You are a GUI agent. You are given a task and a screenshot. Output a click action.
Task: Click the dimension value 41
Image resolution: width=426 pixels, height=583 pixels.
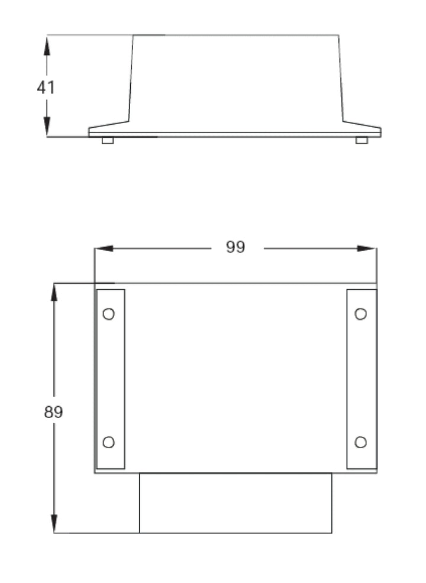pyautogui.click(x=46, y=88)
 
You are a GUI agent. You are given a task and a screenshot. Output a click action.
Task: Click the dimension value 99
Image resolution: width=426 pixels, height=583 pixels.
pyautogui.click(x=235, y=247)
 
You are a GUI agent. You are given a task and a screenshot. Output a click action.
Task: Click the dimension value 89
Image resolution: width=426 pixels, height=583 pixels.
pyautogui.click(x=53, y=412)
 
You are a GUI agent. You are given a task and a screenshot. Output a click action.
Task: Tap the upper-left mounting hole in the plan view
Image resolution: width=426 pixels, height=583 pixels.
pyautogui.click(x=108, y=314)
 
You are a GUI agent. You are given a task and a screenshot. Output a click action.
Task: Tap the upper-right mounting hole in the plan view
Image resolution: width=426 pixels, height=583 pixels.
pyautogui.click(x=360, y=314)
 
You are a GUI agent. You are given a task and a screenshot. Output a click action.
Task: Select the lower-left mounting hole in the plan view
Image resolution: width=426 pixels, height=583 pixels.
pyautogui.click(x=108, y=442)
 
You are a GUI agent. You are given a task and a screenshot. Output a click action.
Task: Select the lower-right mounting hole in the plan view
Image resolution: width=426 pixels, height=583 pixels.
pyautogui.click(x=360, y=442)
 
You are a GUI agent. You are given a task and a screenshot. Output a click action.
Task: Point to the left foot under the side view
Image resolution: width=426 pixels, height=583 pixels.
pyautogui.click(x=107, y=140)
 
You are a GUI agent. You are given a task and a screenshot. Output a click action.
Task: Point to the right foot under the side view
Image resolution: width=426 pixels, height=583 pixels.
pyautogui.click(x=362, y=140)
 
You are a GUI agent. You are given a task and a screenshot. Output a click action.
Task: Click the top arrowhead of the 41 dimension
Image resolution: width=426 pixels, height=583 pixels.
pyautogui.click(x=47, y=43)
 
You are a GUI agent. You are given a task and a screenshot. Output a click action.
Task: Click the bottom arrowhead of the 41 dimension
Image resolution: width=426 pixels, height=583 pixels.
pyautogui.click(x=47, y=129)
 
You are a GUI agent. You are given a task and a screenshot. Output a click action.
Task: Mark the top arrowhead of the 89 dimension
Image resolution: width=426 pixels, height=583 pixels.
pyautogui.click(x=54, y=291)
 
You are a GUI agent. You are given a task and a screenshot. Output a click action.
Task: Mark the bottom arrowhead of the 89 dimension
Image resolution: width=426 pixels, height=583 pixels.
pyautogui.click(x=54, y=525)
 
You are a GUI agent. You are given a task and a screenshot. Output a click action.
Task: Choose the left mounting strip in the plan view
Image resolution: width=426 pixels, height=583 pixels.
pyautogui.click(x=111, y=378)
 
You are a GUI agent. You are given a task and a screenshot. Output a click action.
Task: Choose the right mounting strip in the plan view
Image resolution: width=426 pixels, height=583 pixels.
pyautogui.click(x=362, y=378)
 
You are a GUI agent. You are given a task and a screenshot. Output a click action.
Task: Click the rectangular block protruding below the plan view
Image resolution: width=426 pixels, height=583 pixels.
pyautogui.click(x=235, y=503)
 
